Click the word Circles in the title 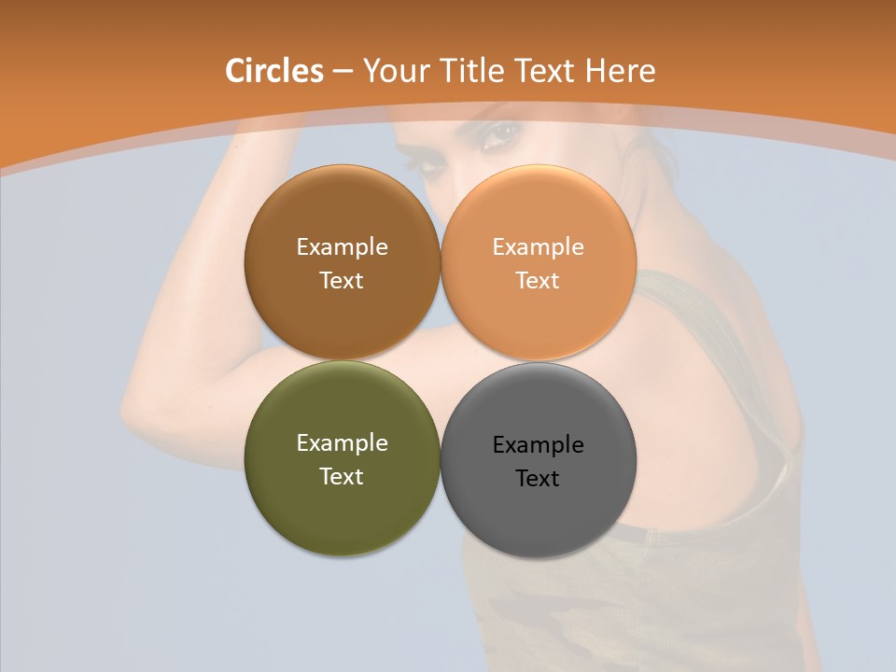coord(273,71)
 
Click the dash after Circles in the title coord(342,72)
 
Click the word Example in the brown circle coord(342,247)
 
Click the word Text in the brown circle coord(342,281)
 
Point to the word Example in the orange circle coord(539,247)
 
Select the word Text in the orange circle coord(539,281)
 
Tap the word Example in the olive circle coord(342,443)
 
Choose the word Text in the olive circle coord(342,477)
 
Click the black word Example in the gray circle coord(539,445)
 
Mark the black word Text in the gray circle coord(539,479)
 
